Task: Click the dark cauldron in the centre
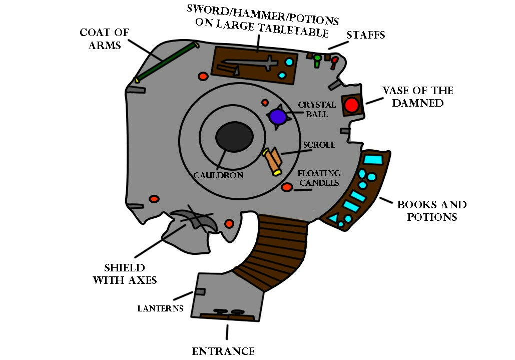pos(234,137)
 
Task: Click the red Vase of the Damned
pos(351,105)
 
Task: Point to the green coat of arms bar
pos(166,62)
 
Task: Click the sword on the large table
pos(250,63)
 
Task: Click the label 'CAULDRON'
pos(219,175)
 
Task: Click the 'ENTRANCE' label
pos(223,351)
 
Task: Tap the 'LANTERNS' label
pos(160,308)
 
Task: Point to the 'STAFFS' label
pos(366,36)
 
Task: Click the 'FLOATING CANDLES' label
pos(318,178)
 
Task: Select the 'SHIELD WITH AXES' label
pos(125,274)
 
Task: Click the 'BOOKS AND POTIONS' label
pos(431,211)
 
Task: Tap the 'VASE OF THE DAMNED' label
pos(418,97)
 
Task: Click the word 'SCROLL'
pos(319,145)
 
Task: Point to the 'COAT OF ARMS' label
pos(104,39)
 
